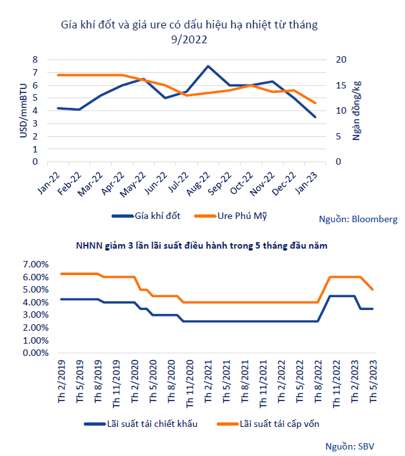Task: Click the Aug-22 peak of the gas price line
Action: click(x=208, y=67)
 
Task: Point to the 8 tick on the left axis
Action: click(x=35, y=59)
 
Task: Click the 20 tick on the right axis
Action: click(x=341, y=59)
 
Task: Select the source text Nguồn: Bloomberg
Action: click(x=359, y=219)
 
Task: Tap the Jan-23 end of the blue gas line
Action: click(x=315, y=117)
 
